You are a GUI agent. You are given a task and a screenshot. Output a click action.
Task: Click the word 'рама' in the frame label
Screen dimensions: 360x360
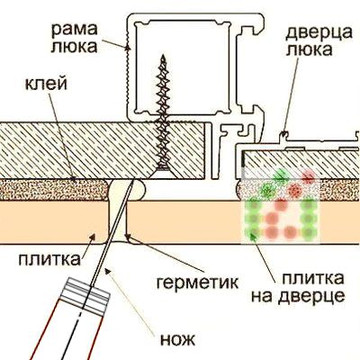tap(75, 30)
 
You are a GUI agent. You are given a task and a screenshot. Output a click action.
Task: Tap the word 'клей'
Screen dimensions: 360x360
tap(46, 85)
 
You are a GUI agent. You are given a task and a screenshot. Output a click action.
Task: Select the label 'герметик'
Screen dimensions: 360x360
tap(198, 282)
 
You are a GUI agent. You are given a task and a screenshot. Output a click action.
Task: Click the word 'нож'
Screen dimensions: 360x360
tap(178, 339)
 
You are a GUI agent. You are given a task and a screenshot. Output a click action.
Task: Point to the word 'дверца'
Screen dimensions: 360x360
tap(319, 33)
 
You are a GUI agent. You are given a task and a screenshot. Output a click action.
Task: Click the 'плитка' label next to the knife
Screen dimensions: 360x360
tap(49, 260)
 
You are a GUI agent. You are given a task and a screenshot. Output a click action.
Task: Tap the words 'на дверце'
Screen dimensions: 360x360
tap(298, 297)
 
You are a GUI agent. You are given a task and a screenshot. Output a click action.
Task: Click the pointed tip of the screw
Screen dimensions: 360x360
tap(164, 56)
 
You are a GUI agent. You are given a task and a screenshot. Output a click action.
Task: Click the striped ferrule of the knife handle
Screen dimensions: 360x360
tap(87, 295)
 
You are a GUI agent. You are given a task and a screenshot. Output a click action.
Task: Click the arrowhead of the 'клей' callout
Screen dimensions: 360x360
tap(74, 179)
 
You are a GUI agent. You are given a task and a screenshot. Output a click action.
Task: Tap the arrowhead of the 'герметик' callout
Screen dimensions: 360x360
tap(129, 237)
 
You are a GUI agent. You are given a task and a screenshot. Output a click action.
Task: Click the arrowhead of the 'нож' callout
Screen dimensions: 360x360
tap(107, 270)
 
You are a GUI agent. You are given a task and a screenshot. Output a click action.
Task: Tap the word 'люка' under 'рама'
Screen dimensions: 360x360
tap(74, 48)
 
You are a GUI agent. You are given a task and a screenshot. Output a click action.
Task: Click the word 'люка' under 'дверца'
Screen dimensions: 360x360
tap(309, 49)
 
